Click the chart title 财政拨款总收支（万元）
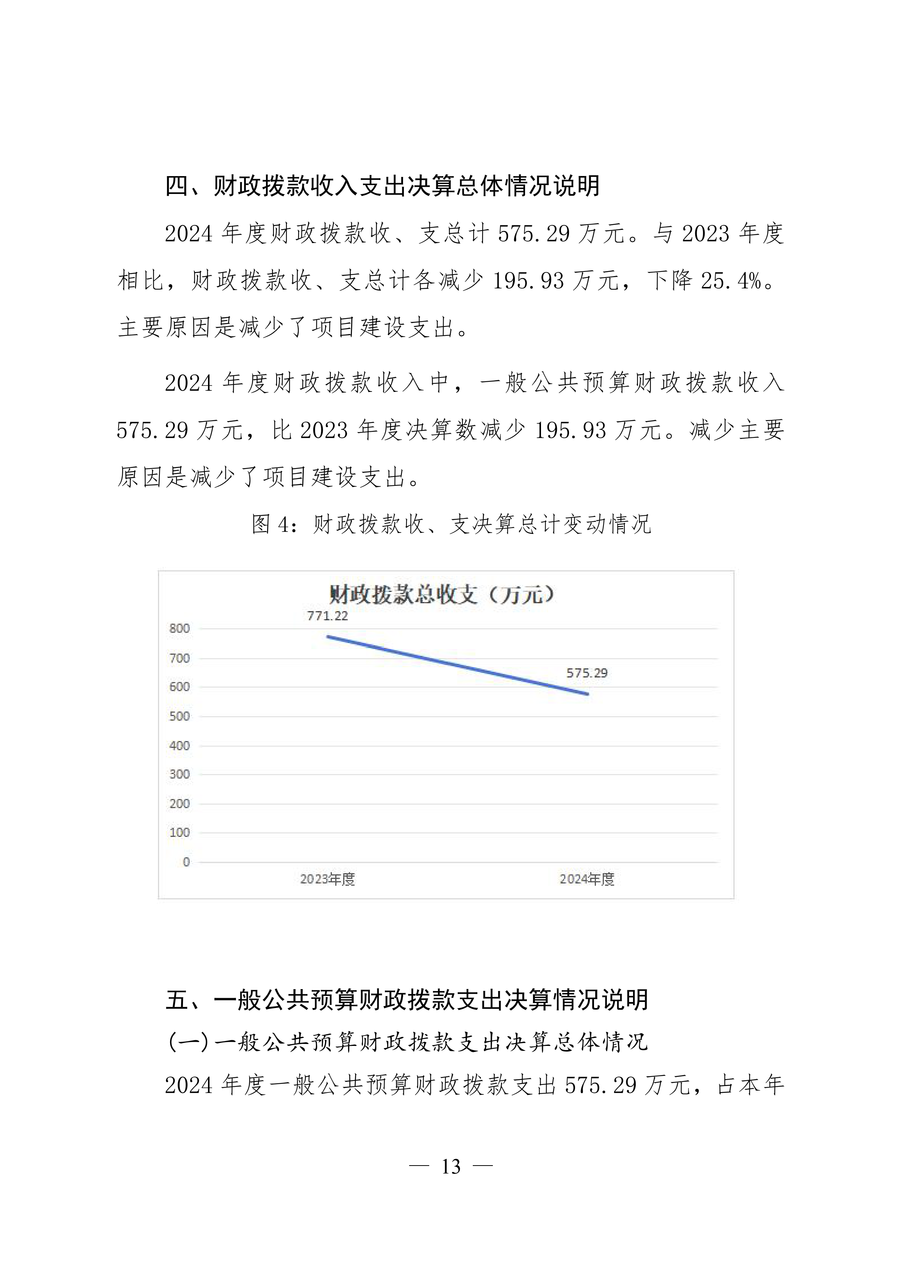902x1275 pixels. coord(442,595)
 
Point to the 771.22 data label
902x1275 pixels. coord(328,616)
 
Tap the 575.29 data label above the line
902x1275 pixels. coord(587,673)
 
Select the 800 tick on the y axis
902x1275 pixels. coord(180,629)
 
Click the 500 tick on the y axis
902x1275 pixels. coord(180,716)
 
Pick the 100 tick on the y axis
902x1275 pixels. coord(180,832)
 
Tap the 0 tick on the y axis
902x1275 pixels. coord(186,862)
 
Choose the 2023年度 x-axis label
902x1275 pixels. coord(328,879)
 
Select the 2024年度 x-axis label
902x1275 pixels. coord(587,879)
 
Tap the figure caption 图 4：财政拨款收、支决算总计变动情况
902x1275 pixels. coord(451,524)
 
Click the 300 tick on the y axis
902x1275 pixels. coord(180,774)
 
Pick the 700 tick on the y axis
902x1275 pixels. coord(180,659)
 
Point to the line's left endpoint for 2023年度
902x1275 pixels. coord(328,637)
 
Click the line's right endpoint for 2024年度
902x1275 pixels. coord(588,694)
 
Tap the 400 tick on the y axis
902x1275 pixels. coord(180,746)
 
